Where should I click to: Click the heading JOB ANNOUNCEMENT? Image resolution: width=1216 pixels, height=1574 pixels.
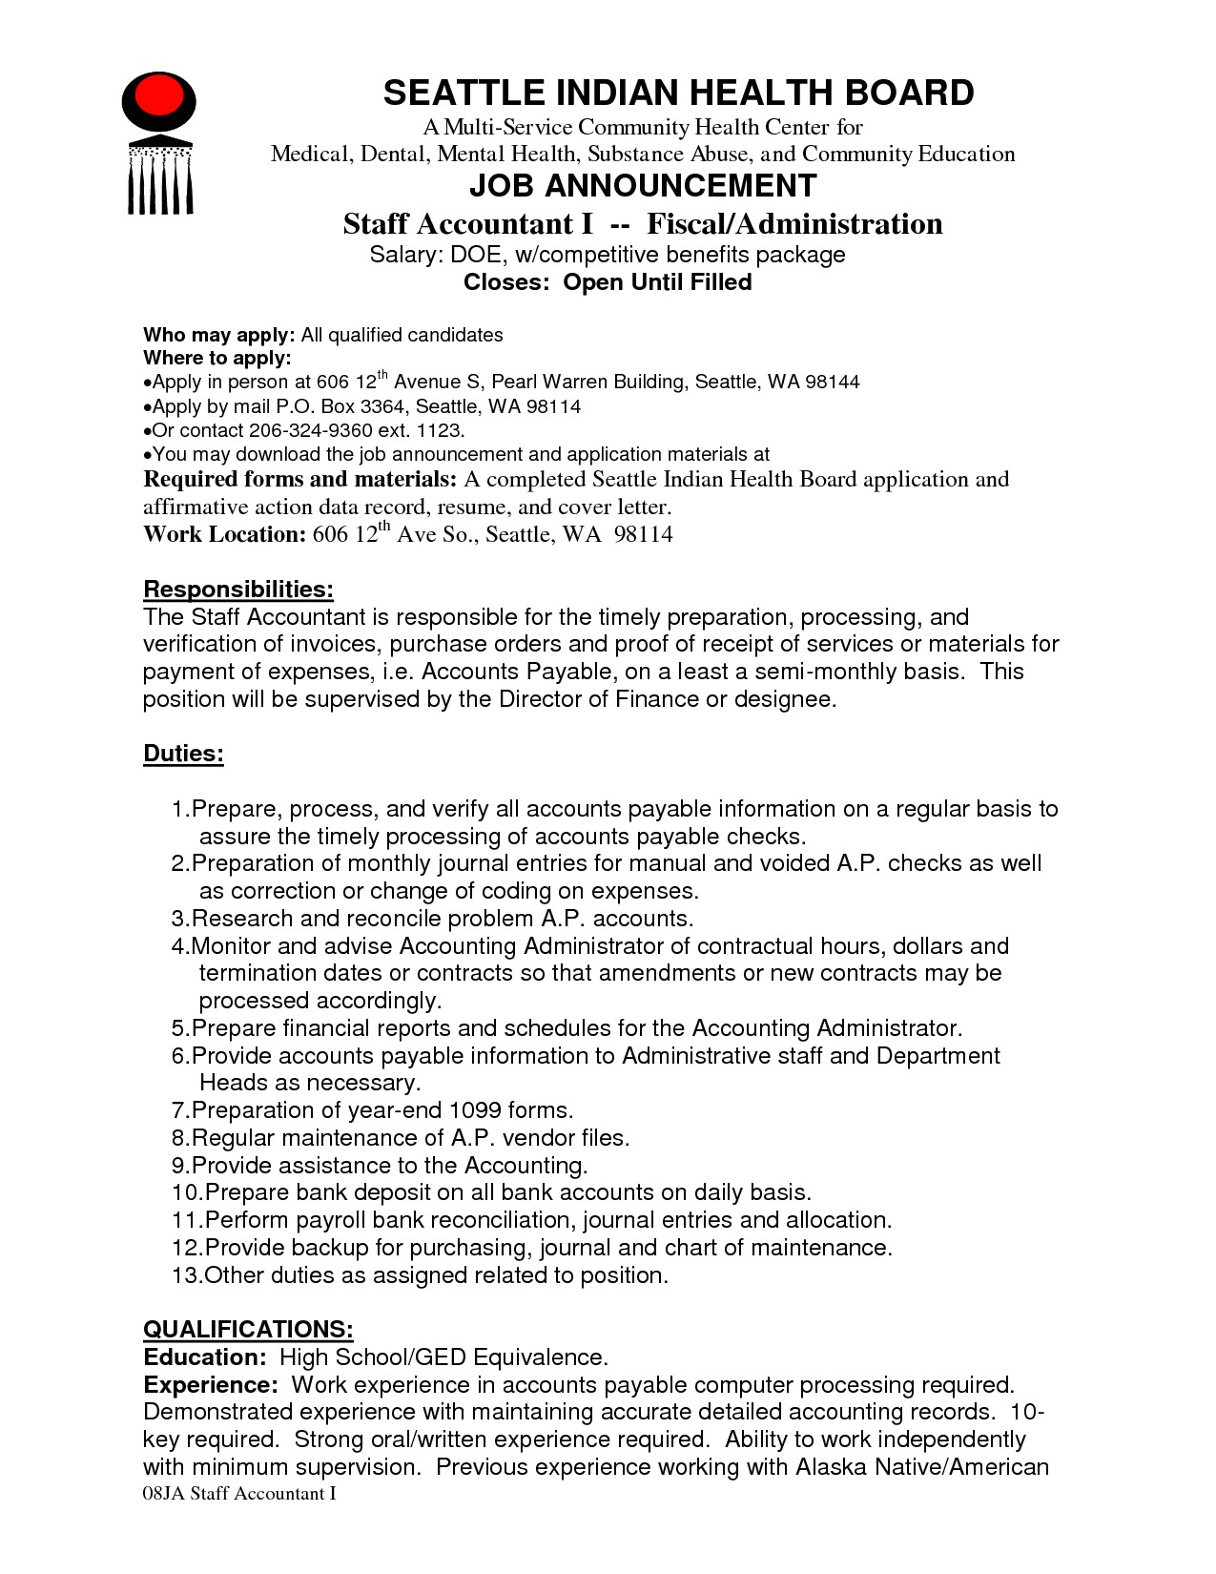pyautogui.click(x=642, y=185)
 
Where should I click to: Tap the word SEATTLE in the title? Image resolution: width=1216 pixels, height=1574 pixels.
pyautogui.click(x=464, y=93)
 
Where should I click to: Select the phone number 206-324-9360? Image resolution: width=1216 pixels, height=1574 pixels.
pyautogui.click(x=302, y=430)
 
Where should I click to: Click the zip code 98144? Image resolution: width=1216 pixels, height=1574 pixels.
pyautogui.click(x=833, y=383)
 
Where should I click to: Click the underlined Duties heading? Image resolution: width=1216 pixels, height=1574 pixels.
pyautogui.click(x=183, y=754)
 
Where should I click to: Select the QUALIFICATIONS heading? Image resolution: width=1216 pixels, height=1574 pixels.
pyautogui.click(x=248, y=1329)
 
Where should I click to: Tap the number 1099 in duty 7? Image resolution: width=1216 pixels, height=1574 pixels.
pyautogui.click(x=474, y=1110)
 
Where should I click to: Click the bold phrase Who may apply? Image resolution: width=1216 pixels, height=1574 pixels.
pyautogui.click(x=218, y=335)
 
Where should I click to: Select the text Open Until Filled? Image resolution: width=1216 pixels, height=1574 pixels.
pyautogui.click(x=657, y=282)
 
